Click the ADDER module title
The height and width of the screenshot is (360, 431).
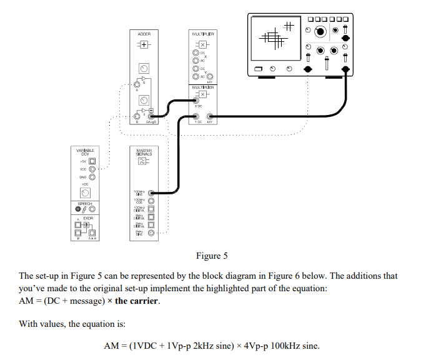click(x=144, y=33)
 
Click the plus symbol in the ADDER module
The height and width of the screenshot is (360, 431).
click(x=144, y=46)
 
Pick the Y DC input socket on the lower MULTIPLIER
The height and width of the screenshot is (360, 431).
click(x=196, y=116)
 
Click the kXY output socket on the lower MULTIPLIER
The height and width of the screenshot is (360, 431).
click(x=210, y=116)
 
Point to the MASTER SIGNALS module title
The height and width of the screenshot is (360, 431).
click(x=144, y=152)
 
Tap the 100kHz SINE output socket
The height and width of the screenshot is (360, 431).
click(x=151, y=193)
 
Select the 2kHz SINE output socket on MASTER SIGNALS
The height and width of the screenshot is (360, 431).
click(x=151, y=232)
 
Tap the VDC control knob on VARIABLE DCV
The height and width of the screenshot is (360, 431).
click(x=84, y=192)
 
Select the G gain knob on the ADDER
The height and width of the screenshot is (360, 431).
click(x=144, y=67)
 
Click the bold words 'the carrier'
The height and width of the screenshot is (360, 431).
click(x=137, y=301)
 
